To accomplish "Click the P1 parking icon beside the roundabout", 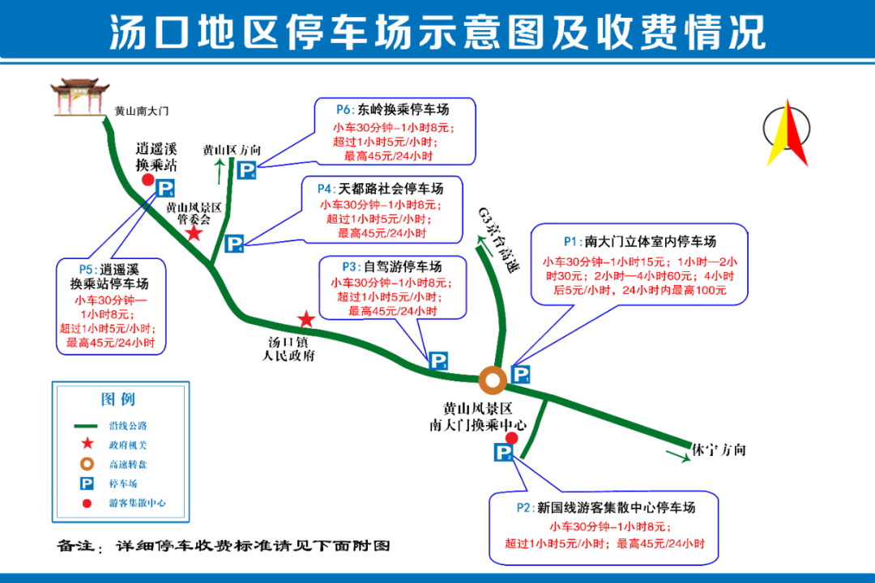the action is click(x=521, y=374).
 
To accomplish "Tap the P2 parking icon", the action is click(x=503, y=452).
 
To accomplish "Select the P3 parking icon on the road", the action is click(x=438, y=360).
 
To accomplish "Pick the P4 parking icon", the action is click(x=234, y=244).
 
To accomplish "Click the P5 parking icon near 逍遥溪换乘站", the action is click(x=164, y=189).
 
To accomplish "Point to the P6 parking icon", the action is click(x=246, y=170).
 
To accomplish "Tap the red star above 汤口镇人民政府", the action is click(x=306, y=319).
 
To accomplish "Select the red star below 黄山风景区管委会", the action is click(x=194, y=232).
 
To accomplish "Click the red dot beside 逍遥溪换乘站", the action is click(x=148, y=180).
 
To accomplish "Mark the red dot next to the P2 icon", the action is click(x=512, y=439).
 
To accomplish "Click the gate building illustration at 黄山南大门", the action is click(x=79, y=98).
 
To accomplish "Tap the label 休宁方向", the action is click(x=719, y=449).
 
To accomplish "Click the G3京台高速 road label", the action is click(x=498, y=240).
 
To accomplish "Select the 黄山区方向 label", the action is click(x=232, y=150).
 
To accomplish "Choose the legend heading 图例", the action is click(x=117, y=399).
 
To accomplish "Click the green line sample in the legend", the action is click(x=86, y=426).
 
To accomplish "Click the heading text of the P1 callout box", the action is click(x=639, y=241).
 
